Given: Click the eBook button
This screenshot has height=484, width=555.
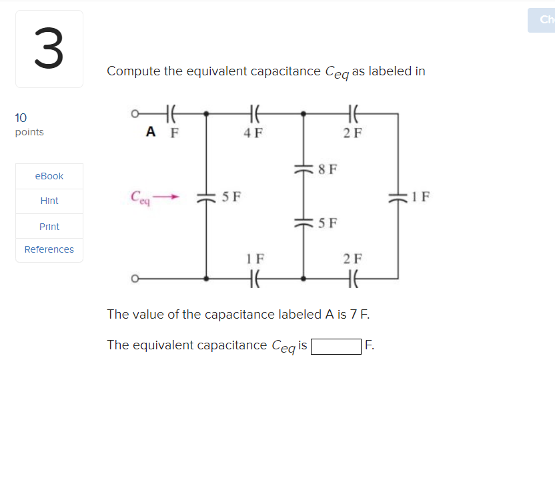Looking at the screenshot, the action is [49, 176].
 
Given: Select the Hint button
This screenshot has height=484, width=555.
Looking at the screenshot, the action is [49, 201].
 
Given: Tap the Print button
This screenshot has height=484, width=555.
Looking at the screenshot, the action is [49, 227].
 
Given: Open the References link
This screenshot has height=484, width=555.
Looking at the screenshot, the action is [49, 249].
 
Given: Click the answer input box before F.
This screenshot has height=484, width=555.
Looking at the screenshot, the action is [336, 346].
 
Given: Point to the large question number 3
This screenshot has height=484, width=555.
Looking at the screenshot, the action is [49, 49].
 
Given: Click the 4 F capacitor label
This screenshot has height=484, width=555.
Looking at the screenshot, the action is [253, 132].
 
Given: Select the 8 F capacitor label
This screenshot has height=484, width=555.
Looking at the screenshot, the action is [328, 169].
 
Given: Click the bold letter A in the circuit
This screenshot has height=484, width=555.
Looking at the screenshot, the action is [151, 131].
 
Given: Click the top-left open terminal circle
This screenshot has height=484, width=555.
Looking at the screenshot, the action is [135, 114].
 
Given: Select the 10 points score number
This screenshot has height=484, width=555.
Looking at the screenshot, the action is [21, 118].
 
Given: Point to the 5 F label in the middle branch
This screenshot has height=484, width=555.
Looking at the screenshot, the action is [328, 223].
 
